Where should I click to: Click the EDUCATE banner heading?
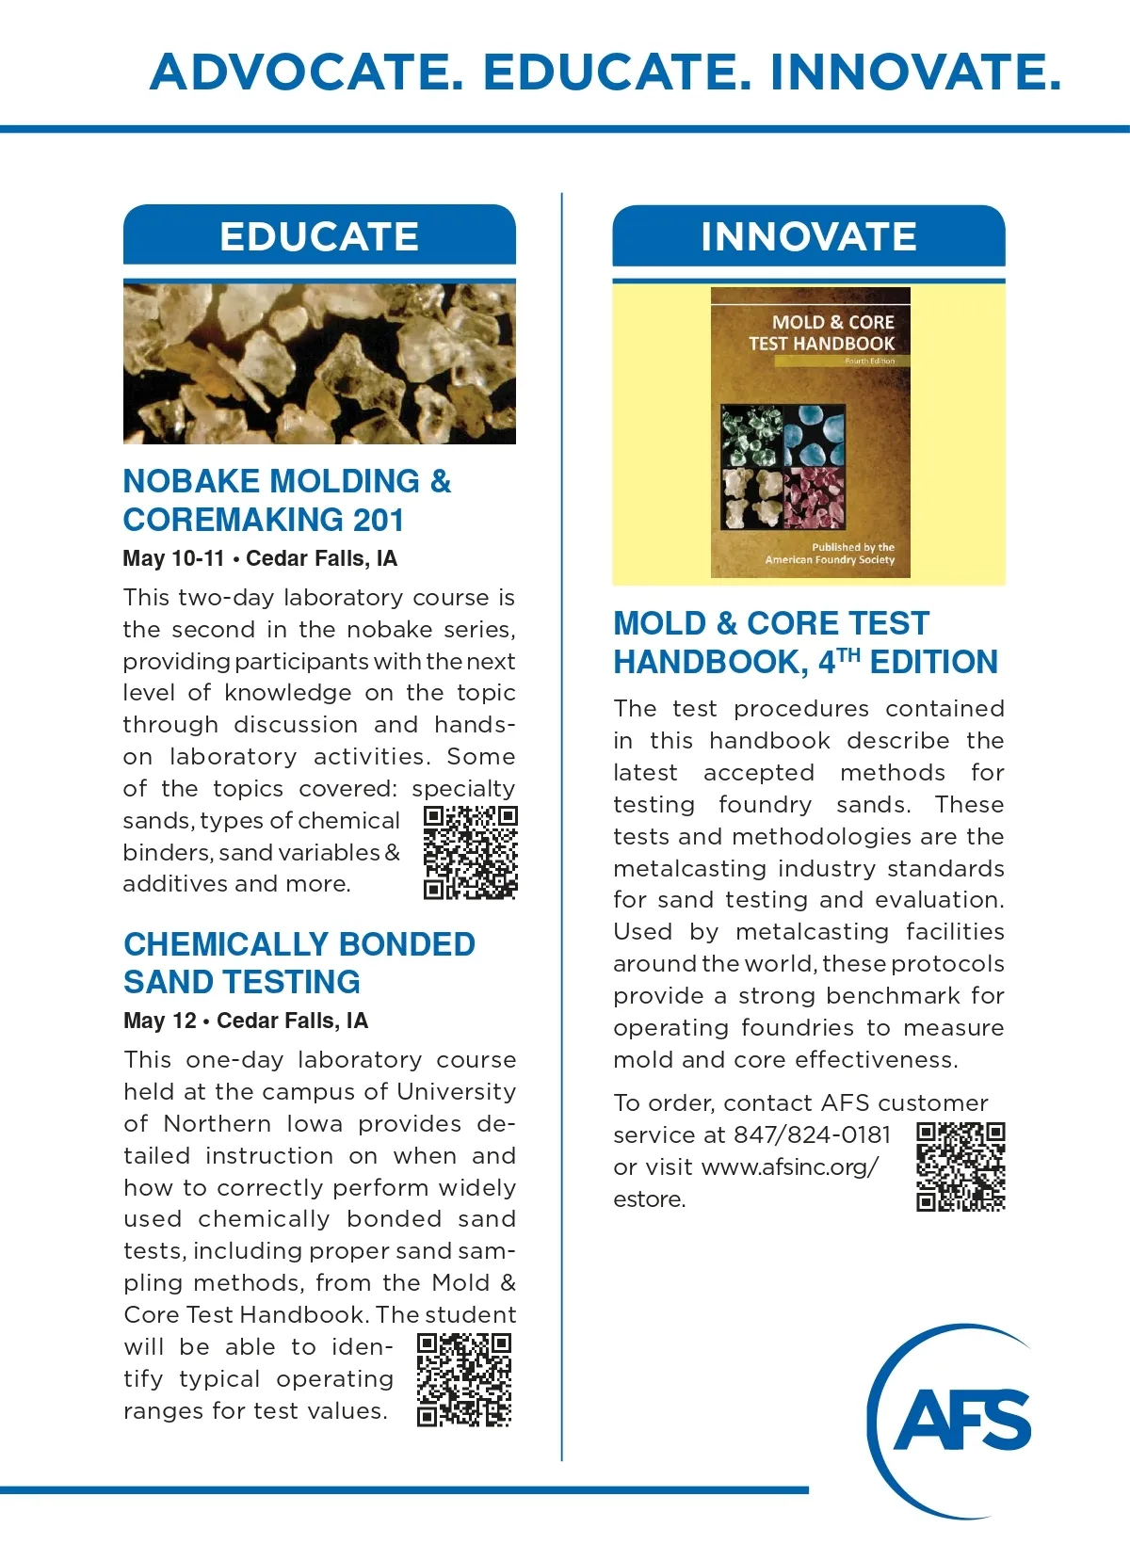[x=319, y=236]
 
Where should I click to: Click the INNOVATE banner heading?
[x=808, y=236]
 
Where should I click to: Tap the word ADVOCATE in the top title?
[x=307, y=72]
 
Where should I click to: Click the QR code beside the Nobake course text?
[x=470, y=852]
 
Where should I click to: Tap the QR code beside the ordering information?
[x=960, y=1166]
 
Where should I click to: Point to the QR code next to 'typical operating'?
[x=464, y=1379]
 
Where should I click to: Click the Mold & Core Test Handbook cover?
[x=810, y=432]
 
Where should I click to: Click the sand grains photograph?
[x=319, y=363]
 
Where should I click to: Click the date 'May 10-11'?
[x=173, y=558]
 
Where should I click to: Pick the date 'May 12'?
[x=160, y=1021]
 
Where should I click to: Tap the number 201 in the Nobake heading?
[x=379, y=520]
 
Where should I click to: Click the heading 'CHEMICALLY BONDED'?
[x=299, y=943]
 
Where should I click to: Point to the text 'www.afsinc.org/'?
[x=790, y=1166]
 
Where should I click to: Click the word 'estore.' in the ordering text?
[x=649, y=1198]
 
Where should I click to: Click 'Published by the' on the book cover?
[x=853, y=547]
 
